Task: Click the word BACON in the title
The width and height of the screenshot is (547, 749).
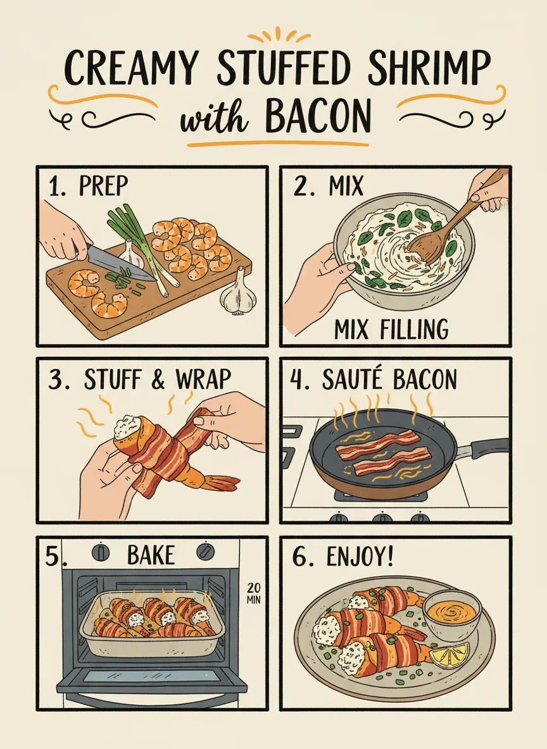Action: coord(317,116)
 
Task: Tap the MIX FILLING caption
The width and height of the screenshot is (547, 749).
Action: coord(391,329)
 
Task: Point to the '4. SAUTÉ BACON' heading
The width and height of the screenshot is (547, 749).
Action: coord(374,380)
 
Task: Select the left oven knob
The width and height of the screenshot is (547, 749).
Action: coord(101,551)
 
